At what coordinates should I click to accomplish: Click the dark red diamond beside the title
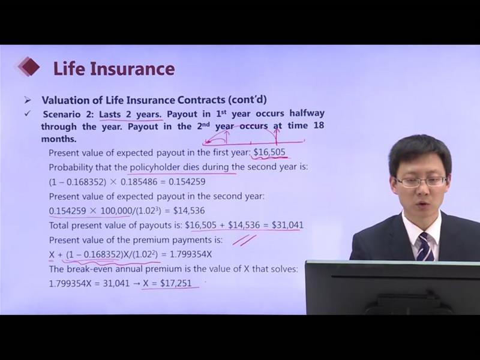[29, 67]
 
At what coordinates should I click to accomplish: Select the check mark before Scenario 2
[28, 114]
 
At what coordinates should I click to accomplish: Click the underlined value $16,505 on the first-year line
[269, 152]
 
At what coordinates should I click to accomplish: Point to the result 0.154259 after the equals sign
[187, 182]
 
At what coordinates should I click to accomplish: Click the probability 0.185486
[139, 182]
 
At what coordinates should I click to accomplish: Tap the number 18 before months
[319, 125]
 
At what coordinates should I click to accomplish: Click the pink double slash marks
[244, 241]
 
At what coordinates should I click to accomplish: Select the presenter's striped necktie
[425, 247]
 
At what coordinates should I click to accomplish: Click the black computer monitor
[392, 287]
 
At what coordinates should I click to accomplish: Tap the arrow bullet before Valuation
[28, 100]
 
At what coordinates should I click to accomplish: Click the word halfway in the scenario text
[307, 113]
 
